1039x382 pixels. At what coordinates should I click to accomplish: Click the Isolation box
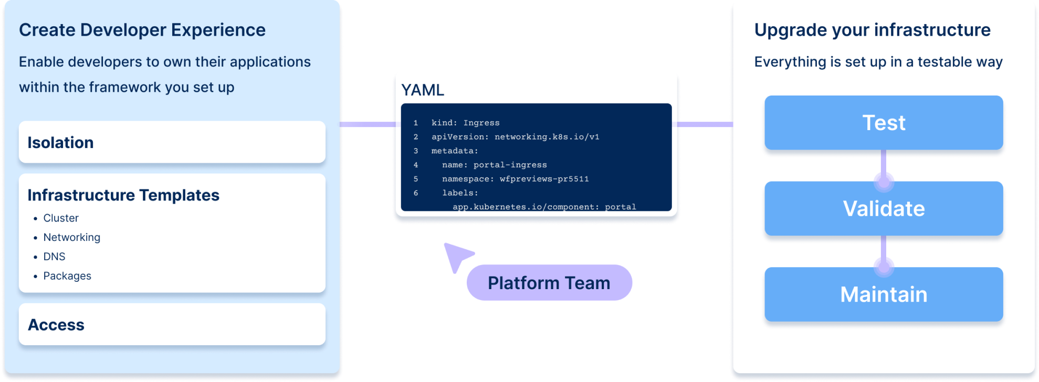(x=172, y=142)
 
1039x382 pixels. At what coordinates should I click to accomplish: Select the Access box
(x=172, y=324)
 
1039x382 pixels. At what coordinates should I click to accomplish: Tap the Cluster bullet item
(x=61, y=218)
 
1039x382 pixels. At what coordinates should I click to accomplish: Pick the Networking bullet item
(x=71, y=238)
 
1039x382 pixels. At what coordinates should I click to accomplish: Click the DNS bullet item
(x=54, y=257)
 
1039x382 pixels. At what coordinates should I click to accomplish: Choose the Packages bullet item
(x=67, y=276)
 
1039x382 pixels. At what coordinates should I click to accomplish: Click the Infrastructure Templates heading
(x=123, y=195)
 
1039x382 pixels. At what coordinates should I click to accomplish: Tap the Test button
(x=884, y=123)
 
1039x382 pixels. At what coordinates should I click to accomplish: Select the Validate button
(x=884, y=208)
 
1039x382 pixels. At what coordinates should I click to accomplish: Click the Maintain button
(x=884, y=294)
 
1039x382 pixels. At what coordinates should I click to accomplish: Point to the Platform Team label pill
(x=549, y=283)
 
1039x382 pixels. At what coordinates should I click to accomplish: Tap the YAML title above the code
(x=423, y=90)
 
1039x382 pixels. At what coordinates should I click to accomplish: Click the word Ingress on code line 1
(x=481, y=123)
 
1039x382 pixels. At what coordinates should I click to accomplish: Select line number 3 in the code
(x=416, y=151)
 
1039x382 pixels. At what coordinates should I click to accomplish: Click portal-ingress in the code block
(x=510, y=165)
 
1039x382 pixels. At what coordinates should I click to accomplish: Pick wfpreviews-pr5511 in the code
(x=544, y=179)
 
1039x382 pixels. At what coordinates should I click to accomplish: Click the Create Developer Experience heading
(x=142, y=30)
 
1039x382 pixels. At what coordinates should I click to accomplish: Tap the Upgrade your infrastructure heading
(x=872, y=30)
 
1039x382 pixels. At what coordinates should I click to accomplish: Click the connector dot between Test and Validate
(x=884, y=183)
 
